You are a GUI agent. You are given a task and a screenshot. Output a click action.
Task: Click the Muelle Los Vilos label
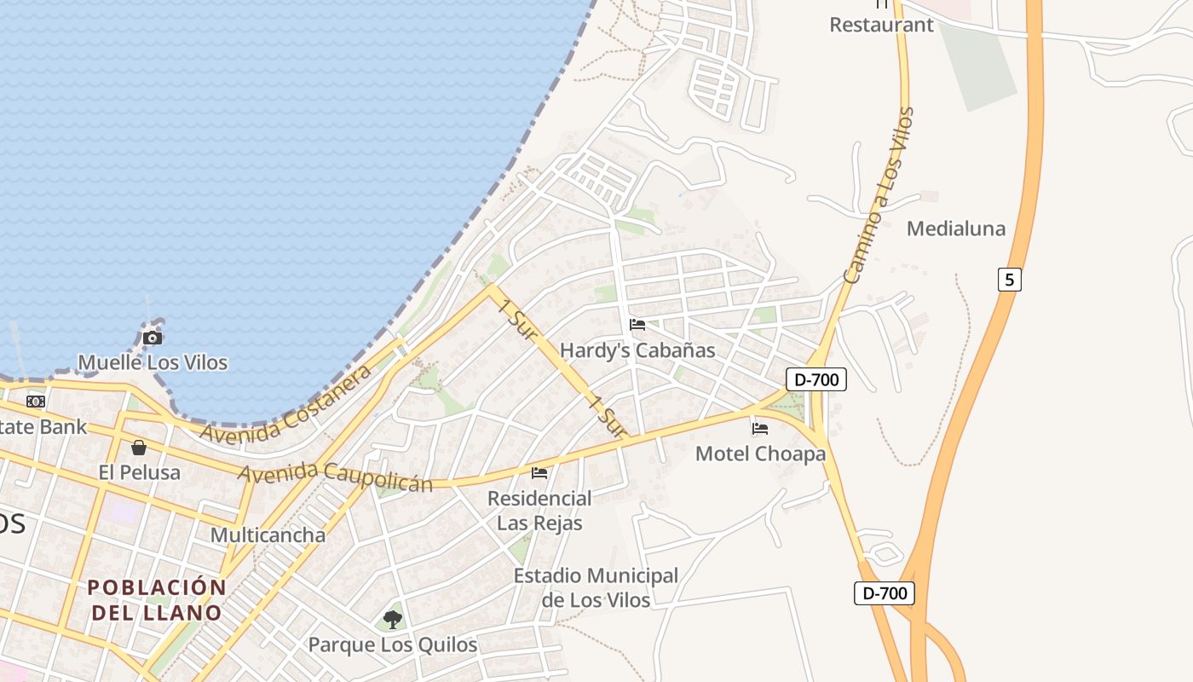coord(153,362)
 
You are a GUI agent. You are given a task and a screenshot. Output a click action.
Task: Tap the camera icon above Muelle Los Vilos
coord(153,338)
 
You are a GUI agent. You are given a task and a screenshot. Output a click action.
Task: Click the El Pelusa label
coord(139,472)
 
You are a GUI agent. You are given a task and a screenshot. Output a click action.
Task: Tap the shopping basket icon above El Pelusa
coord(139,448)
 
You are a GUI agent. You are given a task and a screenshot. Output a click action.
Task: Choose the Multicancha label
coord(268,535)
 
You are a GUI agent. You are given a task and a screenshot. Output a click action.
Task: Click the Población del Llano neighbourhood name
coord(157,600)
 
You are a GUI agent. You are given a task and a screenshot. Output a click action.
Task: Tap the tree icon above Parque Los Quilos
coord(392,620)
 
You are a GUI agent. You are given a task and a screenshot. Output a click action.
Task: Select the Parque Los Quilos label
coord(392,644)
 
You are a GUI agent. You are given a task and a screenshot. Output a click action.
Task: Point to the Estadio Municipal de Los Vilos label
coord(596,588)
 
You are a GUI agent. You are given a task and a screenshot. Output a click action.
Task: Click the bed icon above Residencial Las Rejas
coord(539,472)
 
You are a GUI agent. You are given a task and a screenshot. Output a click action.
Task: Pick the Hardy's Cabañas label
coord(637,350)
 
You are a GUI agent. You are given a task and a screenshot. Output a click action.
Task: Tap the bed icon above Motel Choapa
coord(760,428)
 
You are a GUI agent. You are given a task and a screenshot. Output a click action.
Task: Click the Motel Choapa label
coord(760,454)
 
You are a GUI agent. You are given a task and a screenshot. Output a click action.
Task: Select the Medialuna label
coord(955,228)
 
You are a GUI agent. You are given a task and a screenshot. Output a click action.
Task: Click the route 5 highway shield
coord(1009,279)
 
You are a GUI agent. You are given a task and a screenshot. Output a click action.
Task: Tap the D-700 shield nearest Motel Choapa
coord(816,379)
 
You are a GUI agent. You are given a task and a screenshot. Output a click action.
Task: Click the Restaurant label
coord(881,25)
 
